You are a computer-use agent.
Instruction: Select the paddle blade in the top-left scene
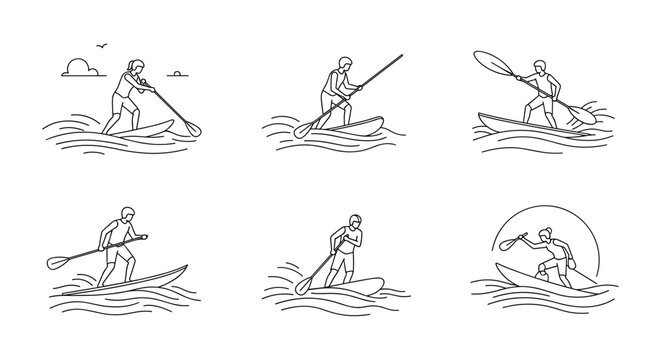190,128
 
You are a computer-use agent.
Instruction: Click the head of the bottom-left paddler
127,214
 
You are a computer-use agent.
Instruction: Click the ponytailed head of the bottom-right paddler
545,232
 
